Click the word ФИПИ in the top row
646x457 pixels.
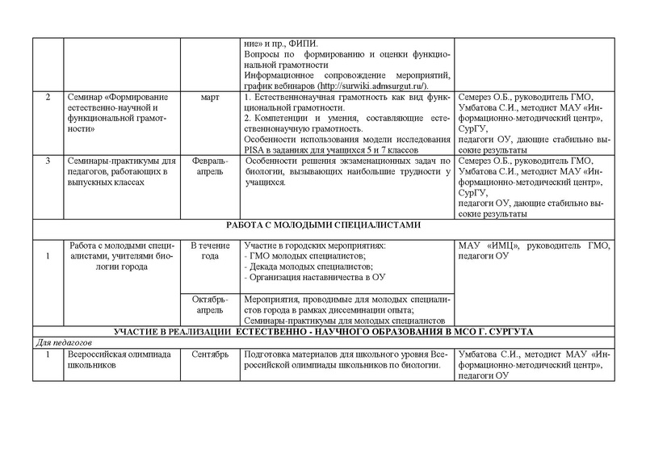(308, 42)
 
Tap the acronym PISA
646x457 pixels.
(255, 149)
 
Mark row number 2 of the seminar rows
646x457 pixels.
(49, 97)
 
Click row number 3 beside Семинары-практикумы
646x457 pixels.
(49, 161)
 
